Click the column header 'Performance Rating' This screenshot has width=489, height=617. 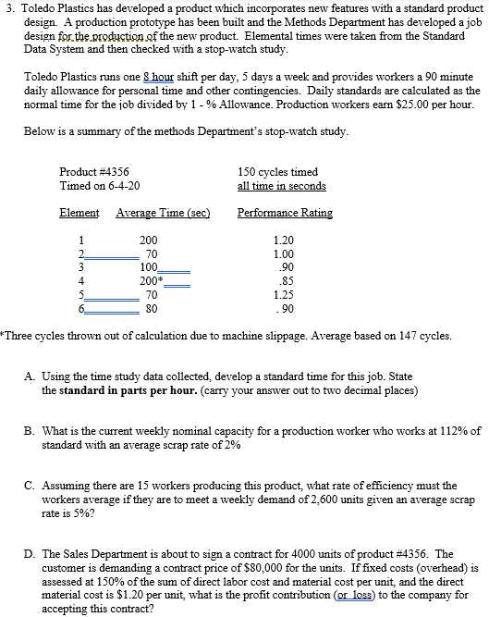(285, 213)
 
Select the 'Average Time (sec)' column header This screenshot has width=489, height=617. (163, 213)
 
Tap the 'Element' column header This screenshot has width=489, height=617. (79, 213)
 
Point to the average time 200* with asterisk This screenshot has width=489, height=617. (151, 281)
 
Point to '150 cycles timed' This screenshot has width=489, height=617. (277, 172)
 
